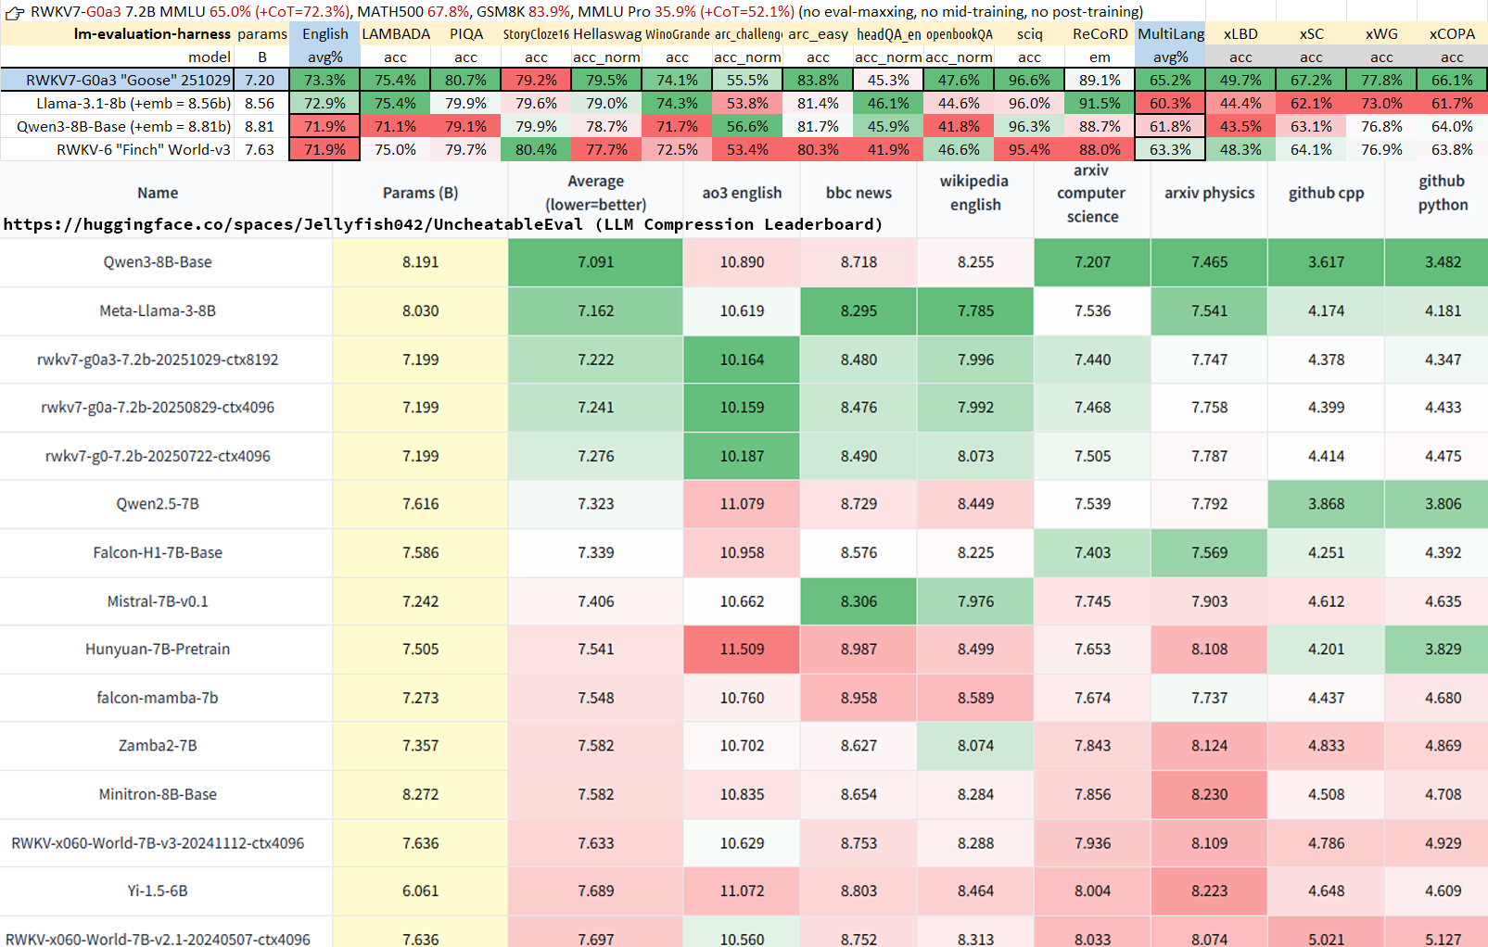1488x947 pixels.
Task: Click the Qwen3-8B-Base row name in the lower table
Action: click(158, 262)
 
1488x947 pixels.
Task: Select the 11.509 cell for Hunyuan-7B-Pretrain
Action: click(742, 650)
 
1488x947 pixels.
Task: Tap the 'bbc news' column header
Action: click(858, 193)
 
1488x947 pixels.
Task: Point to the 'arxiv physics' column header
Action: click(1209, 193)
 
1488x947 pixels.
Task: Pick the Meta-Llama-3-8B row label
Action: click(158, 311)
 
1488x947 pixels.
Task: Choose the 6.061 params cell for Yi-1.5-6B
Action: click(420, 891)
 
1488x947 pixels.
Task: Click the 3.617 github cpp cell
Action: click(1326, 262)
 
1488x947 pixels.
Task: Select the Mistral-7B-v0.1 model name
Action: click(158, 601)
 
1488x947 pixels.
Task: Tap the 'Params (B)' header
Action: click(420, 193)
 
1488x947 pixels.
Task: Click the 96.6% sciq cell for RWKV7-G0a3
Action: click(1029, 81)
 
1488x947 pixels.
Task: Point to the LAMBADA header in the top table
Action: click(396, 34)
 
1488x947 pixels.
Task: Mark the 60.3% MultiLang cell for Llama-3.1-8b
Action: click(1170, 104)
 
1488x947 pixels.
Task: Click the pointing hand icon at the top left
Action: click(14, 12)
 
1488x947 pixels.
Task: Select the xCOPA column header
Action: click(1452, 34)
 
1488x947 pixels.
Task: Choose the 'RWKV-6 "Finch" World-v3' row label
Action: click(144, 150)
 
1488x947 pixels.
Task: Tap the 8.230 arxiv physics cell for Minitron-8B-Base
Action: click(1209, 795)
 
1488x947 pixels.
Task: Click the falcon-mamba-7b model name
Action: click(158, 698)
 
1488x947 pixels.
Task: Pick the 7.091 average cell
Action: click(595, 262)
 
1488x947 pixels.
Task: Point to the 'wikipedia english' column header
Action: click(974, 193)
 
